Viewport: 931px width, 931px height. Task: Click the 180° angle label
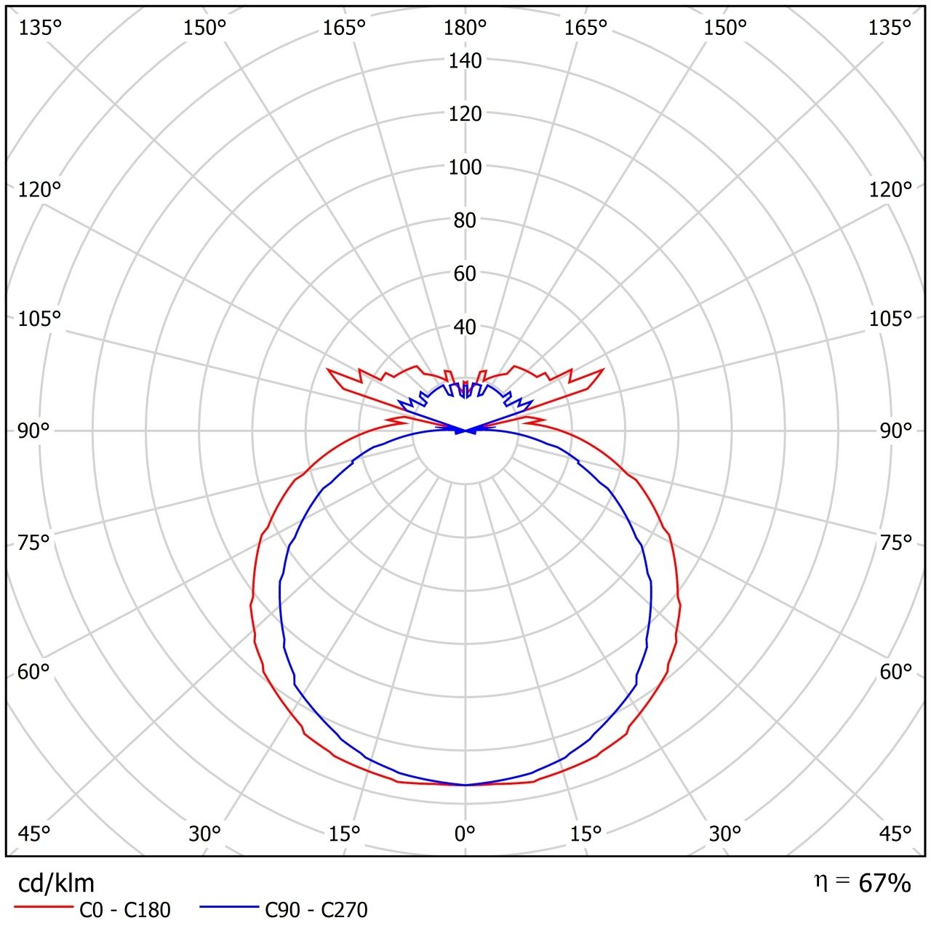[465, 28]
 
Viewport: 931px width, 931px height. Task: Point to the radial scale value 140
[465, 61]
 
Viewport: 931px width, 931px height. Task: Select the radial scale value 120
[465, 114]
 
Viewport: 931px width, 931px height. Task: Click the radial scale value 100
[465, 167]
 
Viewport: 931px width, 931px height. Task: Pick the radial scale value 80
[465, 220]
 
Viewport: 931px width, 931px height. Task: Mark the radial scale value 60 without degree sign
[465, 273]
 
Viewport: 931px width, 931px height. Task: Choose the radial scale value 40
[465, 327]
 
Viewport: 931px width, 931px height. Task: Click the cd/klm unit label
[56, 883]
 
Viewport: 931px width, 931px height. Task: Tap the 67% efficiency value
[884, 883]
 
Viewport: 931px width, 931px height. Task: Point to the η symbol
[820, 882]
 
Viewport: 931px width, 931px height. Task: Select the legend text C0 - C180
[121, 910]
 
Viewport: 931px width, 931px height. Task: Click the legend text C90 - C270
[316, 910]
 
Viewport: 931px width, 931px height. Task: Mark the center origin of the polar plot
[465, 431]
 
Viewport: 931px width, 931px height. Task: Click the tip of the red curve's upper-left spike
[328, 369]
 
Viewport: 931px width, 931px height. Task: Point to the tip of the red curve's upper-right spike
[603, 369]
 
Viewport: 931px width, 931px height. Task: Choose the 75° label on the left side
[34, 543]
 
